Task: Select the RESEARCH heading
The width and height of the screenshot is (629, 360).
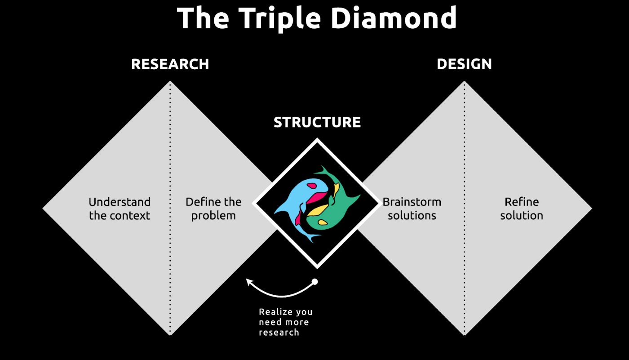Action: (170, 64)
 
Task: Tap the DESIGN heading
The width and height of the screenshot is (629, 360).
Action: (464, 64)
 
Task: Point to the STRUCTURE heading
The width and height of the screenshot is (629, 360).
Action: (317, 122)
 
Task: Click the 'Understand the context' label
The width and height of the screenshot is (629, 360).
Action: (120, 209)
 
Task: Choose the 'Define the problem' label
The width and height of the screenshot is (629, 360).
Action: (213, 209)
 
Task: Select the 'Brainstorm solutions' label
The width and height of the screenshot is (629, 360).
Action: (412, 209)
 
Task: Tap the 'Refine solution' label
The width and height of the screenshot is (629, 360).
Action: (522, 209)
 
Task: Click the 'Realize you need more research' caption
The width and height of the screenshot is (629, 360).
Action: (285, 322)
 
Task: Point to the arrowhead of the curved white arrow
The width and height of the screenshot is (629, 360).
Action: (248, 281)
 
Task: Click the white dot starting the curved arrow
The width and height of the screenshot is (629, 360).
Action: (314, 282)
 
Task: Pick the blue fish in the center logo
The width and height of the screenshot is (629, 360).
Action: (297, 193)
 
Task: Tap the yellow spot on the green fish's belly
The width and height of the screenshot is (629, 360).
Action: (323, 222)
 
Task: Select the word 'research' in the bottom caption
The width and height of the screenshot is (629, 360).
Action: (279, 333)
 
